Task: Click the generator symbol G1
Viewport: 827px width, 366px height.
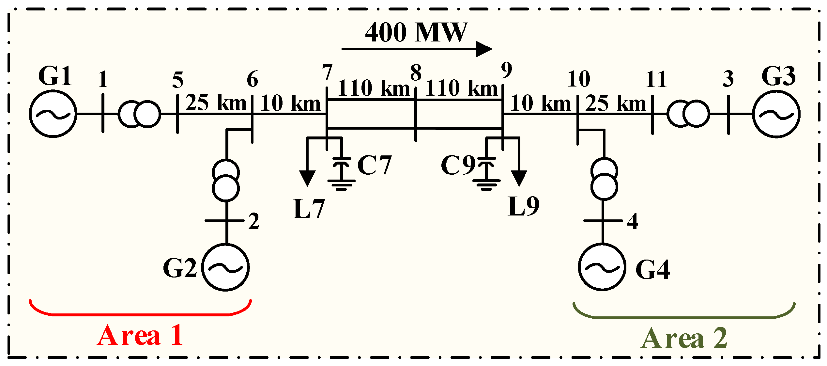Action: [53, 114]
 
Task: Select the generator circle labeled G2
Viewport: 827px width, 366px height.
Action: [225, 267]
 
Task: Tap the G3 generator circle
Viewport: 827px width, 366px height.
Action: [776, 114]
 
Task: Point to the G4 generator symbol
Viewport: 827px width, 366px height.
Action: [602, 267]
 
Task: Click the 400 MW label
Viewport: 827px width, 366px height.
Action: [416, 33]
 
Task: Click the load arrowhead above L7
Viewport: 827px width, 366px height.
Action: [307, 178]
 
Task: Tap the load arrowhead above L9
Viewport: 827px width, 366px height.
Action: [519, 178]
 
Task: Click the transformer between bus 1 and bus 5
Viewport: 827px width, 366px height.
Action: [139, 114]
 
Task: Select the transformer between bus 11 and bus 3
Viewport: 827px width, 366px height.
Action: [688, 114]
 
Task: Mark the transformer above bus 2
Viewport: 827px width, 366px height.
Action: [226, 180]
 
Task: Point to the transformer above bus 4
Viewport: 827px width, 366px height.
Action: [604, 179]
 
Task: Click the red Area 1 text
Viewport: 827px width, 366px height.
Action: [140, 336]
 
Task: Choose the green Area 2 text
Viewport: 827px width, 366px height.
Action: [684, 338]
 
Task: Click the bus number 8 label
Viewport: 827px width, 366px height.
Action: [416, 72]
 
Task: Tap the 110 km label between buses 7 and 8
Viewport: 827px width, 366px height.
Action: [374, 88]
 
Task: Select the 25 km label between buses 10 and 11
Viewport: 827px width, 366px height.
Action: [616, 103]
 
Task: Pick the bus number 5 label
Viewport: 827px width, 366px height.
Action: [178, 80]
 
